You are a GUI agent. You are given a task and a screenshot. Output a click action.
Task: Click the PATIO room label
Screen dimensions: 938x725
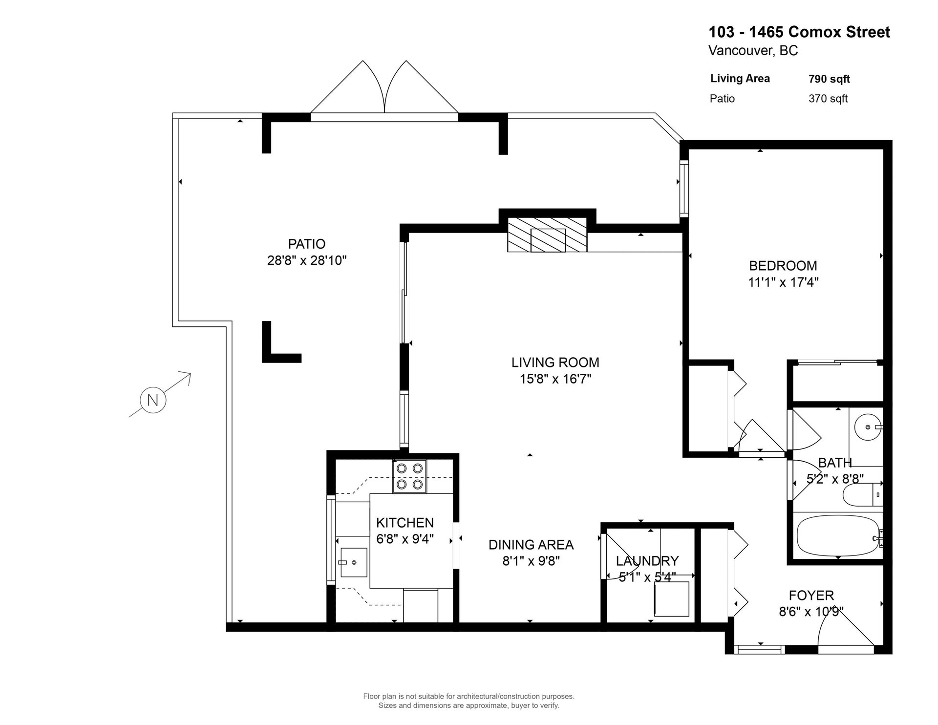[x=307, y=244]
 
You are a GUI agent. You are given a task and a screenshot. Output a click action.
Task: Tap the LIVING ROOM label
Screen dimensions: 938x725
[x=555, y=362]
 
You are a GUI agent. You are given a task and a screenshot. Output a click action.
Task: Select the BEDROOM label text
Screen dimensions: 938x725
[x=783, y=266]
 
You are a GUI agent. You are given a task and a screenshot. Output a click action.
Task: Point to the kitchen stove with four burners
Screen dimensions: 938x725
[x=409, y=476]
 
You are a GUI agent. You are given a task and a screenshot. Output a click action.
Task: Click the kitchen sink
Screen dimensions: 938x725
[x=354, y=562]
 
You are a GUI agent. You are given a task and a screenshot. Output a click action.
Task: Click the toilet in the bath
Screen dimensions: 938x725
[x=863, y=494]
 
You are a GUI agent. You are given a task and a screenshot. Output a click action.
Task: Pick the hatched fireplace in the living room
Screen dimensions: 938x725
[x=547, y=235]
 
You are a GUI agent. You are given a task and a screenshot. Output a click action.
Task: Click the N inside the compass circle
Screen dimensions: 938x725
[x=153, y=401]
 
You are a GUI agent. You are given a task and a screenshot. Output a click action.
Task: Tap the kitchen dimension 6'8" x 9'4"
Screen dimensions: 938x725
[x=405, y=539]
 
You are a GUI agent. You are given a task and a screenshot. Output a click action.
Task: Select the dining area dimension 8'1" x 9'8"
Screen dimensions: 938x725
[x=531, y=561]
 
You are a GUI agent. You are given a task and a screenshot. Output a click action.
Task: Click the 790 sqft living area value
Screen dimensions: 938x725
[x=830, y=79]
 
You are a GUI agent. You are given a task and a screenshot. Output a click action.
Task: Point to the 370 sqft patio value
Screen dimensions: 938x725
[x=828, y=99]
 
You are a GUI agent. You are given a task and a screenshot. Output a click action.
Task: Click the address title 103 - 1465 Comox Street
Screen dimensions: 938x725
[x=800, y=32]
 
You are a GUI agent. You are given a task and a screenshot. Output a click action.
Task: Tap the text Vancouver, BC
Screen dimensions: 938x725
[x=753, y=51]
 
